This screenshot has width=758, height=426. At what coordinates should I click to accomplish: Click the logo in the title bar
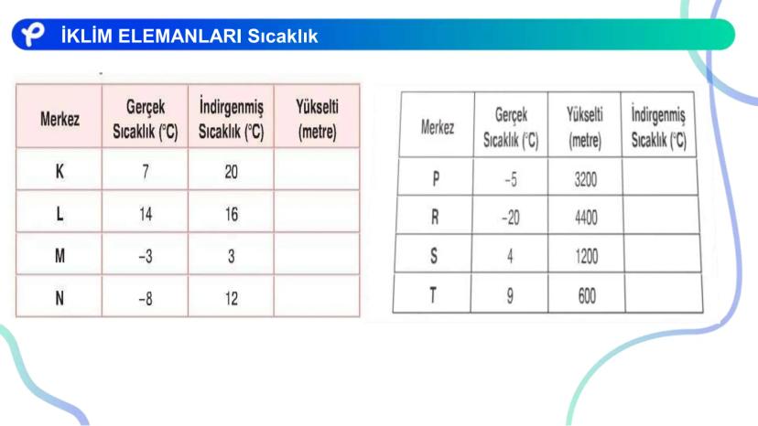[32, 34]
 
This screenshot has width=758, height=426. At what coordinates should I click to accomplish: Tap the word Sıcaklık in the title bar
[283, 37]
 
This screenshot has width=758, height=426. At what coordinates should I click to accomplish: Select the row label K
[60, 171]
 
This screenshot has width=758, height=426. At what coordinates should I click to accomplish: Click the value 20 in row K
[231, 172]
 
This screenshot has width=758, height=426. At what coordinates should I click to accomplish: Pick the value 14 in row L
[146, 214]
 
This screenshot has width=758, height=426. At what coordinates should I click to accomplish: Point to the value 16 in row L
[232, 214]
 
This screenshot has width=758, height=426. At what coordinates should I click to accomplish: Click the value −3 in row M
[146, 256]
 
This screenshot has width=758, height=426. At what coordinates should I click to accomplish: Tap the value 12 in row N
[232, 299]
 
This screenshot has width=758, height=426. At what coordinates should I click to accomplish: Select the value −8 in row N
[146, 299]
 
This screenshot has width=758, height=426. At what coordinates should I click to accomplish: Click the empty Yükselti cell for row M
[317, 254]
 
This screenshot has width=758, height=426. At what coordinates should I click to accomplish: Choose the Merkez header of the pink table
[60, 119]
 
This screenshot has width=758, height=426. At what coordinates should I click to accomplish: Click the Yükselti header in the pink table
[317, 119]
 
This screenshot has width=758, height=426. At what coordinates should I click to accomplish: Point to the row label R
[435, 217]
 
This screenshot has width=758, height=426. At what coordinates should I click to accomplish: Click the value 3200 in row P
[585, 180]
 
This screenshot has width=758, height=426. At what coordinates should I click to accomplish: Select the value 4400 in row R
[586, 218]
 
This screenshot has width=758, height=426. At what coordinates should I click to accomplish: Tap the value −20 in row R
[511, 218]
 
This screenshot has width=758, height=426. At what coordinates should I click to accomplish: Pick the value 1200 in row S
[587, 256]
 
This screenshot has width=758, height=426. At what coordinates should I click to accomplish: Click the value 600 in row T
[587, 295]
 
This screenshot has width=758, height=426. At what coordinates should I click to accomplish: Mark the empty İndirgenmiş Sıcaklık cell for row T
[663, 293]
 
